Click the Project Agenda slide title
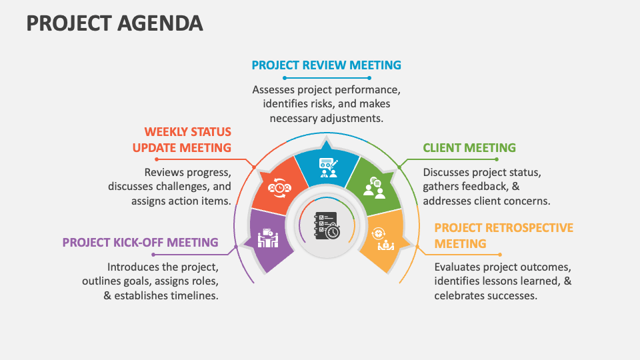coord(115,23)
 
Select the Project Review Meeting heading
coord(326,65)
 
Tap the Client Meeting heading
coord(469,147)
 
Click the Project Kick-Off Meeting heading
coord(141,242)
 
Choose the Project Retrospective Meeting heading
coord(503,235)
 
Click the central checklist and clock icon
coord(327,226)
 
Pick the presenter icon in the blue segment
coord(327,167)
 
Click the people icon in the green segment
coord(374,187)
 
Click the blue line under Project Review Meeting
coord(326,78)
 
